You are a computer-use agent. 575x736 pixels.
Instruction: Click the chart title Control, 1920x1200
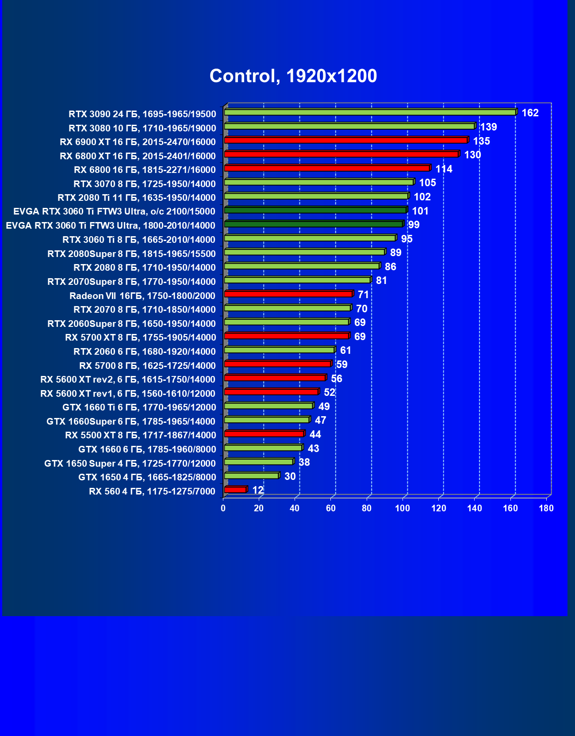(x=293, y=76)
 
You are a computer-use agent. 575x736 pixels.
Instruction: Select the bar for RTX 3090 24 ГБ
(x=370, y=112)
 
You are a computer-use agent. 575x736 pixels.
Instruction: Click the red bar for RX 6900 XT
(x=345, y=140)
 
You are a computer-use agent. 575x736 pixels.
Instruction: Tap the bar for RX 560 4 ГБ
(x=235, y=490)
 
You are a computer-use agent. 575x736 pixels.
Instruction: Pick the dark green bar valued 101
(x=315, y=210)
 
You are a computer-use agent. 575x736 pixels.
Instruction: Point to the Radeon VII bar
(x=288, y=294)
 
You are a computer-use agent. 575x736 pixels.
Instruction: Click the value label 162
(x=530, y=113)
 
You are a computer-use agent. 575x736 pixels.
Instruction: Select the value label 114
(x=444, y=169)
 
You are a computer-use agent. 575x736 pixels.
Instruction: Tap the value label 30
(x=290, y=476)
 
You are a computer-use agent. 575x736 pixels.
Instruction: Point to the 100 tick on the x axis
(x=402, y=508)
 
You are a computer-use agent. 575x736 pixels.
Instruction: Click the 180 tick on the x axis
(x=546, y=508)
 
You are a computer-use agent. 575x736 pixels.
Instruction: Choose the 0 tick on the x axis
(x=223, y=508)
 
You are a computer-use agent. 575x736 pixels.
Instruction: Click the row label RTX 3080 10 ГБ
(x=142, y=128)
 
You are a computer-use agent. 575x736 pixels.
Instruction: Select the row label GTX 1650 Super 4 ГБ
(x=130, y=464)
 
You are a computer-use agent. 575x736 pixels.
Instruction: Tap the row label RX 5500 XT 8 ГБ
(x=141, y=435)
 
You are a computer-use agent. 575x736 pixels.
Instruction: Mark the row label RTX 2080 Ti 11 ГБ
(x=137, y=198)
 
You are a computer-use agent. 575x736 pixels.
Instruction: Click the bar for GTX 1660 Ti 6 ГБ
(x=268, y=406)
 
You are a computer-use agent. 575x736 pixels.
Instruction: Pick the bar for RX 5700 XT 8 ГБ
(x=286, y=336)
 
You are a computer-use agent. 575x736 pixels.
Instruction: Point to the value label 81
(x=381, y=280)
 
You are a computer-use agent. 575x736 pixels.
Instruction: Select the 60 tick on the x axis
(x=331, y=508)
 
